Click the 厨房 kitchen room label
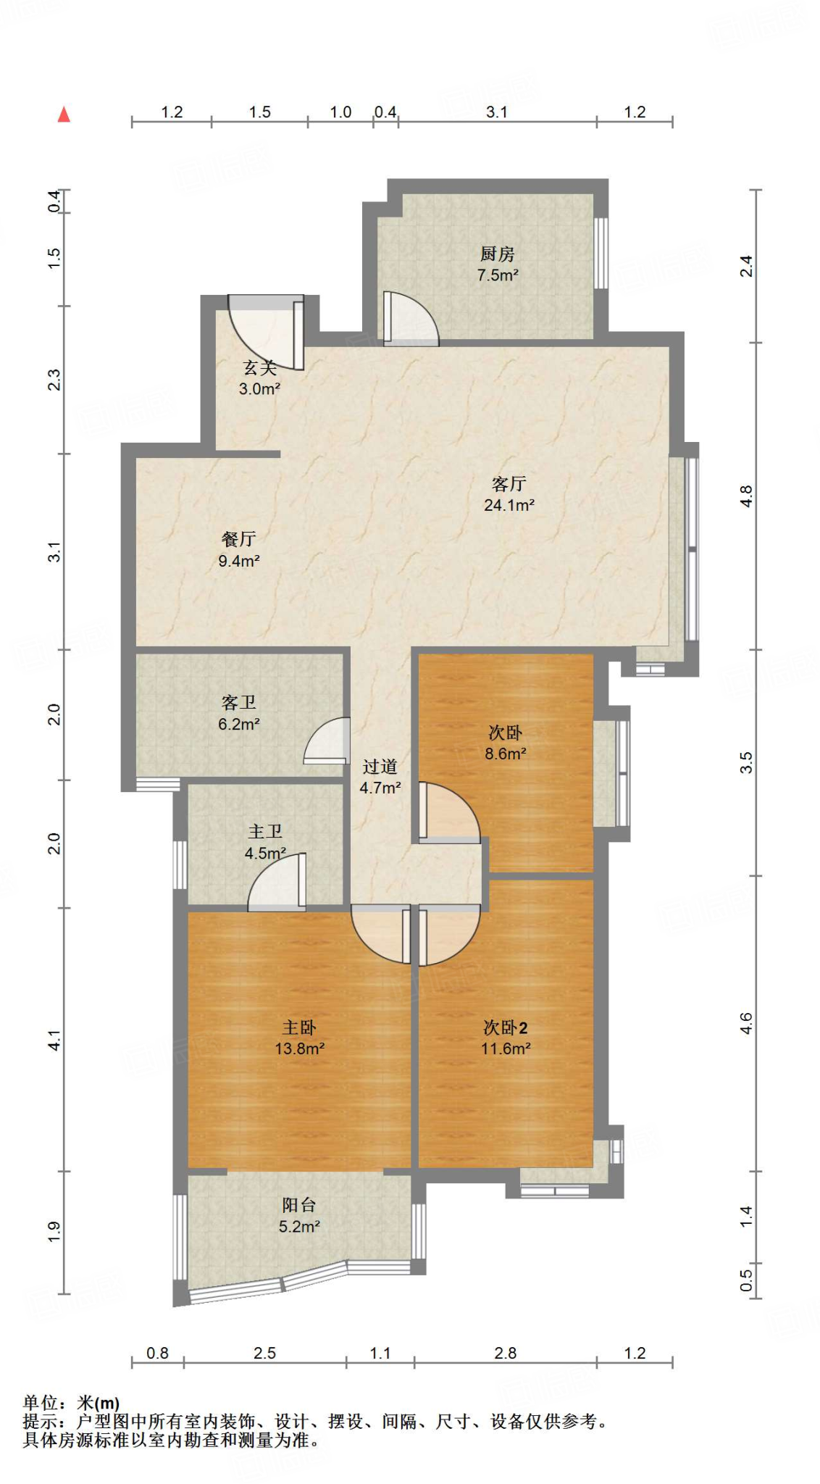coord(497,254)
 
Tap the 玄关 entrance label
coord(259,367)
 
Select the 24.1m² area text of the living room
coord(509,505)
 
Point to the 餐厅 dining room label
coord(238,538)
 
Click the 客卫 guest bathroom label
coord(238,702)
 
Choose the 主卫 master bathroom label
coord(265,831)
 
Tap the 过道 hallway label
coord(380,766)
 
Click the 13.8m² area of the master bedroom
coord(299,1049)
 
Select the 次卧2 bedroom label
coord(506,1027)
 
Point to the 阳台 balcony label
coord(299,1205)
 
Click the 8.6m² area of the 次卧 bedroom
coord(505,754)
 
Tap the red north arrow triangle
coord(64,114)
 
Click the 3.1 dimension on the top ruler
coord(496,112)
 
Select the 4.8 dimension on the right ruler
coord(746,496)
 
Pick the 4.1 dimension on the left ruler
coord(54,1041)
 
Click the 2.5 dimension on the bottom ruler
coord(264,1353)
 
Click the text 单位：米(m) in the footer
coord(71,1404)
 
